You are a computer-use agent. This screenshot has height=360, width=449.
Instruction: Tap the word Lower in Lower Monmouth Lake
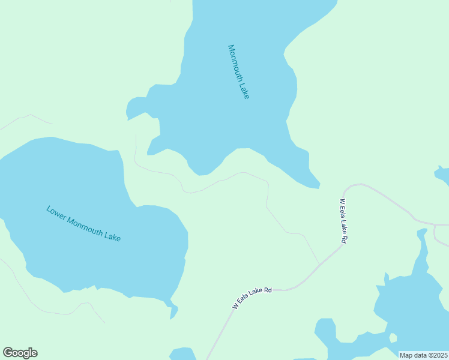pos(55,212)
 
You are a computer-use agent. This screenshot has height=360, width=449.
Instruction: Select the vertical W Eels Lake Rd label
pos(343,221)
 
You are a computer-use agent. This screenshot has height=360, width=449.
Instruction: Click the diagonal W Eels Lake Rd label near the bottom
pos(253,298)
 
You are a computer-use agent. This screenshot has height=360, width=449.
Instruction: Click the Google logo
pos(20,353)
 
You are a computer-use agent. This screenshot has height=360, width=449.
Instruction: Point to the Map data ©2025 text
pos(423,355)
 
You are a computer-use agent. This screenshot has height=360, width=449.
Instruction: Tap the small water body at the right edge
pos(443,175)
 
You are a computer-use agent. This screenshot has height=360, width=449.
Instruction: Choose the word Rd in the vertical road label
pos(344,238)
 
